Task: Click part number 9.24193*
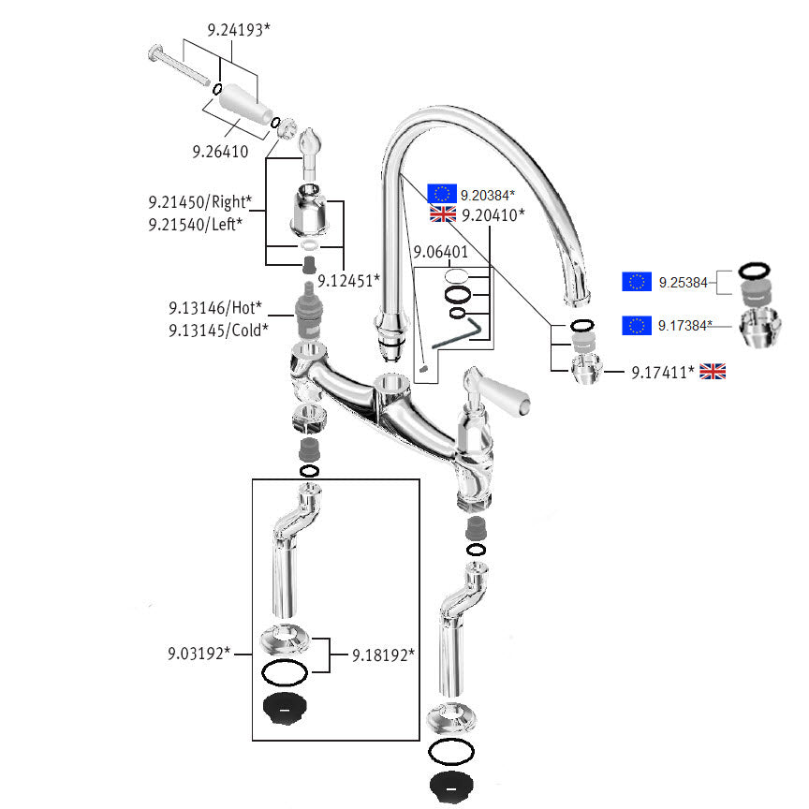tap(239, 30)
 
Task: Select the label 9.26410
tap(220, 152)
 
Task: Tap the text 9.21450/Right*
tap(200, 201)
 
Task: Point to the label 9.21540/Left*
tap(195, 225)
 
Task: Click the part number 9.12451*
tap(348, 281)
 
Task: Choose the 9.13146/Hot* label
tap(215, 308)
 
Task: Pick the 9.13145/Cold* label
tap(218, 331)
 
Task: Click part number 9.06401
tap(441, 252)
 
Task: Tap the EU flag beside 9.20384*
tap(442, 194)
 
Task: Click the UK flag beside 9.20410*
tap(443, 213)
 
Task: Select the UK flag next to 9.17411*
tap(713, 371)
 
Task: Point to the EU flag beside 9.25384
tap(637, 282)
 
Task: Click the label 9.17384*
tap(685, 326)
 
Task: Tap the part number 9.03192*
tap(199, 654)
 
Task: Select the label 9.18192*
tap(383, 655)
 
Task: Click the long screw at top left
tap(178, 67)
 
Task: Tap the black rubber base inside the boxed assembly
tap(285, 709)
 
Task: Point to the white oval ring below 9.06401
tap(457, 276)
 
